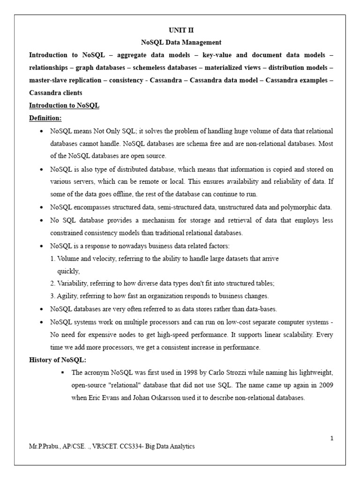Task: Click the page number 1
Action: (331, 438)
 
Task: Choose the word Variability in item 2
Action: (72, 283)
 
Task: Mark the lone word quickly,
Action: (69, 271)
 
